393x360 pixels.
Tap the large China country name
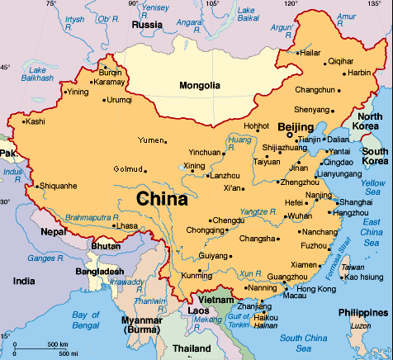point(162,199)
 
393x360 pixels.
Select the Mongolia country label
point(200,85)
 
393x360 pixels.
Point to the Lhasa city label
point(126,225)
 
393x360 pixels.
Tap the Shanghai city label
point(355,201)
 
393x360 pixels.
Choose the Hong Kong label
point(316,289)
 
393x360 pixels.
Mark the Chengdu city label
point(228,220)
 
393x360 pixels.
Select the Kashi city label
point(35,121)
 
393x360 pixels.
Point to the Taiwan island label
point(353,267)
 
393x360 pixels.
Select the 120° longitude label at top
point(289,4)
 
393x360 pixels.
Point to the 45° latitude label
point(6,67)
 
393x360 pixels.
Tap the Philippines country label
point(362,312)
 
